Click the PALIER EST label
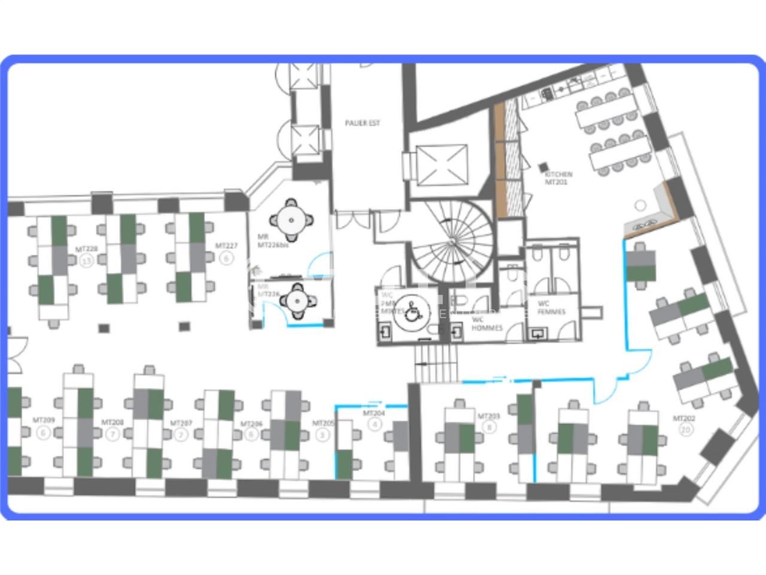pyautogui.click(x=362, y=123)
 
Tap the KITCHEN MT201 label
pyautogui.click(x=558, y=178)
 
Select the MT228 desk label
pyautogui.click(x=86, y=249)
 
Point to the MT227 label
pyautogui.click(x=226, y=246)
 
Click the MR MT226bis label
pyautogui.click(x=269, y=241)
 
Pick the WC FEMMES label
pyautogui.click(x=551, y=307)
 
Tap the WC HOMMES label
pyautogui.click(x=487, y=323)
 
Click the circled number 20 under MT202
pyautogui.click(x=686, y=429)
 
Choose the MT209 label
pyautogui.click(x=43, y=420)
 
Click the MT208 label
pyautogui.click(x=113, y=422)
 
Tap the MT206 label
pyautogui.click(x=251, y=423)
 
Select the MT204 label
pyautogui.click(x=374, y=413)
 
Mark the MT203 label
pyautogui.click(x=488, y=416)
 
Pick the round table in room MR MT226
pyautogui.click(x=297, y=301)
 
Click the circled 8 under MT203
pyautogui.click(x=491, y=428)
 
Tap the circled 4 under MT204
pyautogui.click(x=375, y=425)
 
